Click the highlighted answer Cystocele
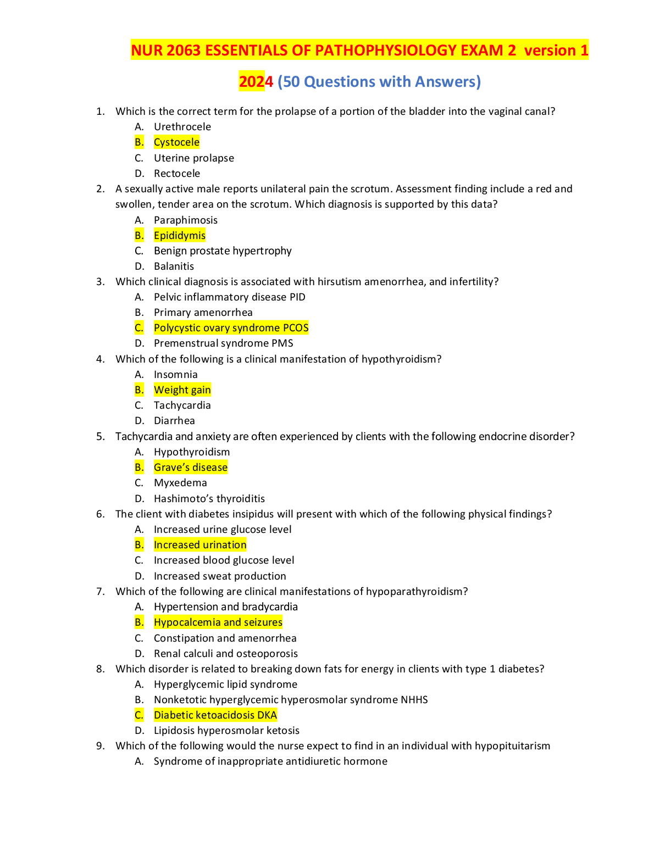point(176,142)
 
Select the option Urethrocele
point(182,127)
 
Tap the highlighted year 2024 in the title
point(256,81)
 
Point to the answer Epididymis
point(179,236)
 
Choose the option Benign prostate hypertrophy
point(223,251)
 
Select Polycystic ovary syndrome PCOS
point(231,328)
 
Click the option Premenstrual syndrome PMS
point(223,343)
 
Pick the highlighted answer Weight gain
point(182,390)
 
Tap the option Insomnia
point(175,375)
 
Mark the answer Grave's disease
point(190,467)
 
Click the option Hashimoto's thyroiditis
point(209,499)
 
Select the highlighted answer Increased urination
point(200,545)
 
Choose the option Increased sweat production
point(220,576)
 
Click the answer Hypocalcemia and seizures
point(218,622)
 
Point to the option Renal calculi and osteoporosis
point(225,654)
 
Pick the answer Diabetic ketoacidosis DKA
point(215,715)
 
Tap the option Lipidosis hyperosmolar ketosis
point(226,731)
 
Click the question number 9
point(100,746)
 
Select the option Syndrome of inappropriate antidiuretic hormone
point(270,761)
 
